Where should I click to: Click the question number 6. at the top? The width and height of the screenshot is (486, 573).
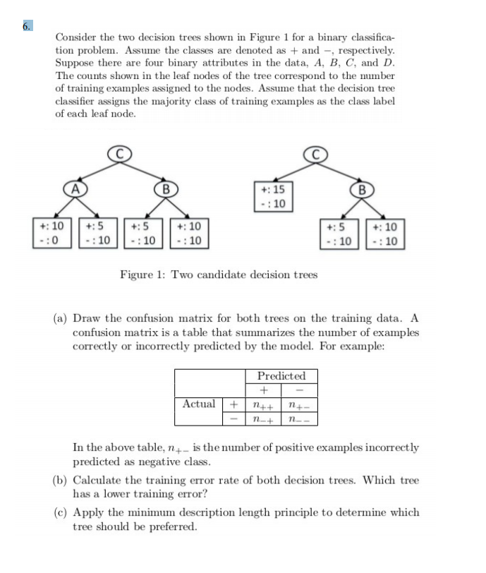pyautogui.click(x=26, y=26)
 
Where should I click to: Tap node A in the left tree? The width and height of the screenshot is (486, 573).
pyautogui.click(x=73, y=188)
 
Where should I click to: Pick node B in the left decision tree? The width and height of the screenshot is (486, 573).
pyautogui.click(x=165, y=188)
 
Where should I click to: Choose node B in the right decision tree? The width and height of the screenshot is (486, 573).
pyautogui.click(x=363, y=188)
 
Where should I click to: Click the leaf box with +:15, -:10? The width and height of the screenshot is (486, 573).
pyautogui.click(x=272, y=196)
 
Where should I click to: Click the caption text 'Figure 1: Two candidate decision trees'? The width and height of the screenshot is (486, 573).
pyautogui.click(x=219, y=275)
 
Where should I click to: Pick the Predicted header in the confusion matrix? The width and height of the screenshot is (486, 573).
pyautogui.click(x=281, y=375)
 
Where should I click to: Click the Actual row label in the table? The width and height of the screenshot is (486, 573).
pyautogui.click(x=199, y=404)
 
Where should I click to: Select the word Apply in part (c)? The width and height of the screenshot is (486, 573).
pyautogui.click(x=88, y=512)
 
